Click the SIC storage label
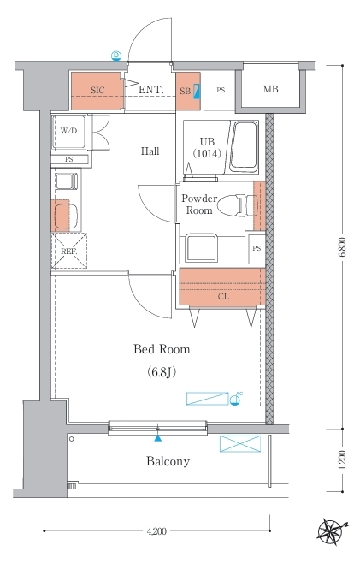(97, 90)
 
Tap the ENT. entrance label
(151, 90)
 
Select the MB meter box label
(271, 88)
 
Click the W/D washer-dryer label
(69, 131)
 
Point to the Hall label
(150, 151)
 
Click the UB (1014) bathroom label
(207, 148)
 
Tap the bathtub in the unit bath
(245, 147)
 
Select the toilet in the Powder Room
(238, 206)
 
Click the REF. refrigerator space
(69, 251)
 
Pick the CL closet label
(223, 297)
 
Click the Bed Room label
(162, 349)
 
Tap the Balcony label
(168, 461)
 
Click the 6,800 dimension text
(343, 247)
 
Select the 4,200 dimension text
(156, 531)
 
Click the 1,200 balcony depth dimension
(343, 459)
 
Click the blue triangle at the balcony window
(157, 438)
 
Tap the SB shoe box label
(186, 91)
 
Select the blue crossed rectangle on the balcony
(240, 444)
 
